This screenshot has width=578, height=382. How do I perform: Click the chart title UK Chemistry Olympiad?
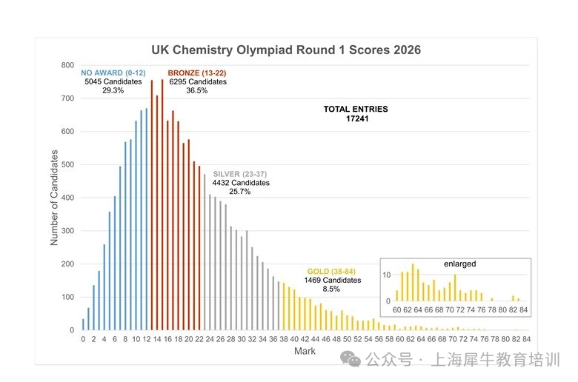286,50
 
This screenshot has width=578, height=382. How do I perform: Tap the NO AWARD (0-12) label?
113,73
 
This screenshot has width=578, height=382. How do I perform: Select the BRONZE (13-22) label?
197,73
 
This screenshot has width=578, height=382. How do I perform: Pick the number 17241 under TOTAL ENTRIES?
356,118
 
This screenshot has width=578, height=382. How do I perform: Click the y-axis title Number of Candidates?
54,198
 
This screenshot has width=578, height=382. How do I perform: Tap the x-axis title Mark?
305,351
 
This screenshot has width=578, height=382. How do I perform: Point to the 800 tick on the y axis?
67,66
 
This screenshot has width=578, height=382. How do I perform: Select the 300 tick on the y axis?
67,231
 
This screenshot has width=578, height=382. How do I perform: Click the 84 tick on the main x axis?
525,339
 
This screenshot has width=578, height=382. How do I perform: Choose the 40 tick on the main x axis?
294,339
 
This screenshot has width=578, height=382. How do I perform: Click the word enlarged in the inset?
460,264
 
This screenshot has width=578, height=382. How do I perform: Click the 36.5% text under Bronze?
197,90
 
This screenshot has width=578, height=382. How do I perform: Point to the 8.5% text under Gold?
333,289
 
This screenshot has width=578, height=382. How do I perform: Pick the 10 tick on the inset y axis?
386,275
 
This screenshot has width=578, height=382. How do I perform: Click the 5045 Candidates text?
113,81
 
